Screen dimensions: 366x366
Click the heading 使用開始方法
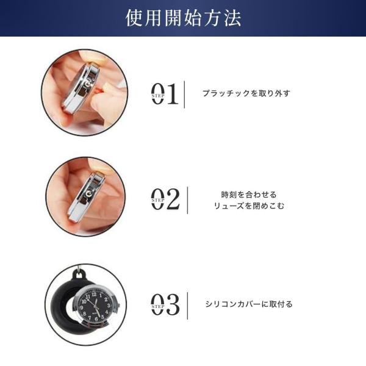click(183, 18)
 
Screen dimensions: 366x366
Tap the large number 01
click(165, 93)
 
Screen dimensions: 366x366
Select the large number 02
click(165, 199)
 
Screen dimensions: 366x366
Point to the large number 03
click(165, 304)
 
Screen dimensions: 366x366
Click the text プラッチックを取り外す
click(246, 93)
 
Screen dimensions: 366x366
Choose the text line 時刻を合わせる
click(249, 195)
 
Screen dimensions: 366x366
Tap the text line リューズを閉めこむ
click(249, 206)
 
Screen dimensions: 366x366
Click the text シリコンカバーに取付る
click(249, 304)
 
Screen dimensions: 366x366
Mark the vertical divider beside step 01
click(184, 95)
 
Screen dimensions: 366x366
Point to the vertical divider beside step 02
click(187, 200)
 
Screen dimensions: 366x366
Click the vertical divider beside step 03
click(187, 306)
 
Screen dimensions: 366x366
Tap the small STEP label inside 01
click(158, 96)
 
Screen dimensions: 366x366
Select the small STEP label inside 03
click(158, 306)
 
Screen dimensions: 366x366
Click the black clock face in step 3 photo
click(95, 306)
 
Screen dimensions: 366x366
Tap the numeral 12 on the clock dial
click(94, 294)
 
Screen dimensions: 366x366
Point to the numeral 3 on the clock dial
click(109, 306)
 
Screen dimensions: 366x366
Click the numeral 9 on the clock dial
click(82, 307)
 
